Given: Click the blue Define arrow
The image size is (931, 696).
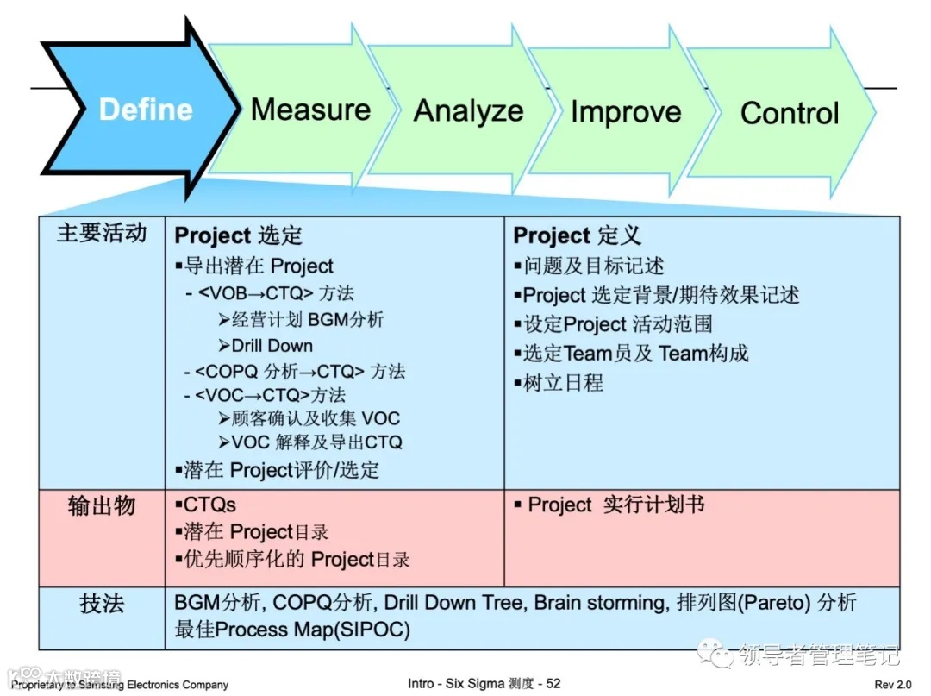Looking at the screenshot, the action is (145, 110).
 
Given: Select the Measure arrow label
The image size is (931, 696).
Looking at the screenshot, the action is (310, 110).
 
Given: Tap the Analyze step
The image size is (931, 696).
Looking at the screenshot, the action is (468, 110).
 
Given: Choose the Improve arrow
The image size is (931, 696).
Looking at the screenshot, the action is (626, 112).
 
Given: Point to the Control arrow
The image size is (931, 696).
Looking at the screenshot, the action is (789, 113).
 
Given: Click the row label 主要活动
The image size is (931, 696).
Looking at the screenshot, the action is (102, 234).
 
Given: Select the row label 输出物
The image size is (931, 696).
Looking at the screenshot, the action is (102, 505).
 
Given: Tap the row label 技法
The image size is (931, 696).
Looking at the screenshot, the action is (102, 603).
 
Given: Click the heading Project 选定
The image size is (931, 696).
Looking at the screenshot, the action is (239, 236).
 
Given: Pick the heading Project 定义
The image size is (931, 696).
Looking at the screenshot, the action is (578, 236).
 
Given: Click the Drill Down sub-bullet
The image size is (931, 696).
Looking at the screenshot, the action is (272, 346).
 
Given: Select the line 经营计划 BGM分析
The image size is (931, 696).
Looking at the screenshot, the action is (307, 320).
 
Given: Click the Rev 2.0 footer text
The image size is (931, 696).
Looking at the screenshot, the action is (892, 684).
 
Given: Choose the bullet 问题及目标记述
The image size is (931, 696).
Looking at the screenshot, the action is (593, 266).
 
